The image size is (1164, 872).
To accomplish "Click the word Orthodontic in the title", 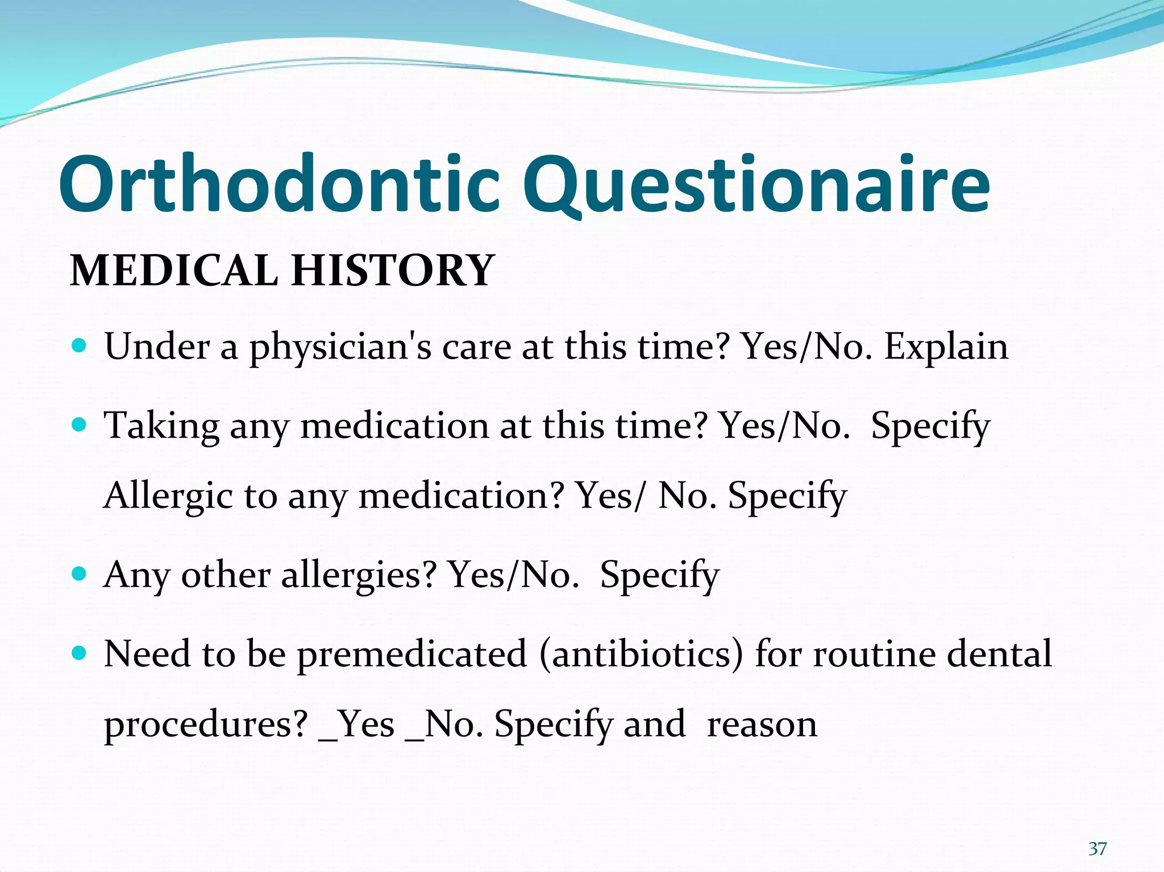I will [x=278, y=185].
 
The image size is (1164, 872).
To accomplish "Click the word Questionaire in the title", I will [x=756, y=185].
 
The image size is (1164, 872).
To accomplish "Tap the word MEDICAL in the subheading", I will [x=173, y=270].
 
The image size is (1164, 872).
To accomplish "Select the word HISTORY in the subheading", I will [x=392, y=270].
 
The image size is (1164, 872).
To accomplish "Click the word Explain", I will [x=946, y=347].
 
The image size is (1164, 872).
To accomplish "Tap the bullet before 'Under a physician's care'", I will [x=80, y=345].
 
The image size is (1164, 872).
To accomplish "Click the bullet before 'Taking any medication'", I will [x=80, y=424].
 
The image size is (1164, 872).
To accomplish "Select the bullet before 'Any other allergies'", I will [x=80, y=574].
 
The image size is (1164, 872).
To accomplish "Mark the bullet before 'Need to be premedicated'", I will [x=80, y=653].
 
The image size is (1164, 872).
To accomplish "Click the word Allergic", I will [x=168, y=496].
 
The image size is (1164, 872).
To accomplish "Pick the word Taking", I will [x=161, y=426].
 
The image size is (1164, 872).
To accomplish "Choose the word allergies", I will [x=359, y=575].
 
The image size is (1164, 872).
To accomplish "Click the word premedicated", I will [x=412, y=654].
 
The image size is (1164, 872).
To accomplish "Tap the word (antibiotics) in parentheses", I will [x=641, y=654].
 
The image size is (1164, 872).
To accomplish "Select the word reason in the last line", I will [x=762, y=725].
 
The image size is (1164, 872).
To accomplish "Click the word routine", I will [x=874, y=654].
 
